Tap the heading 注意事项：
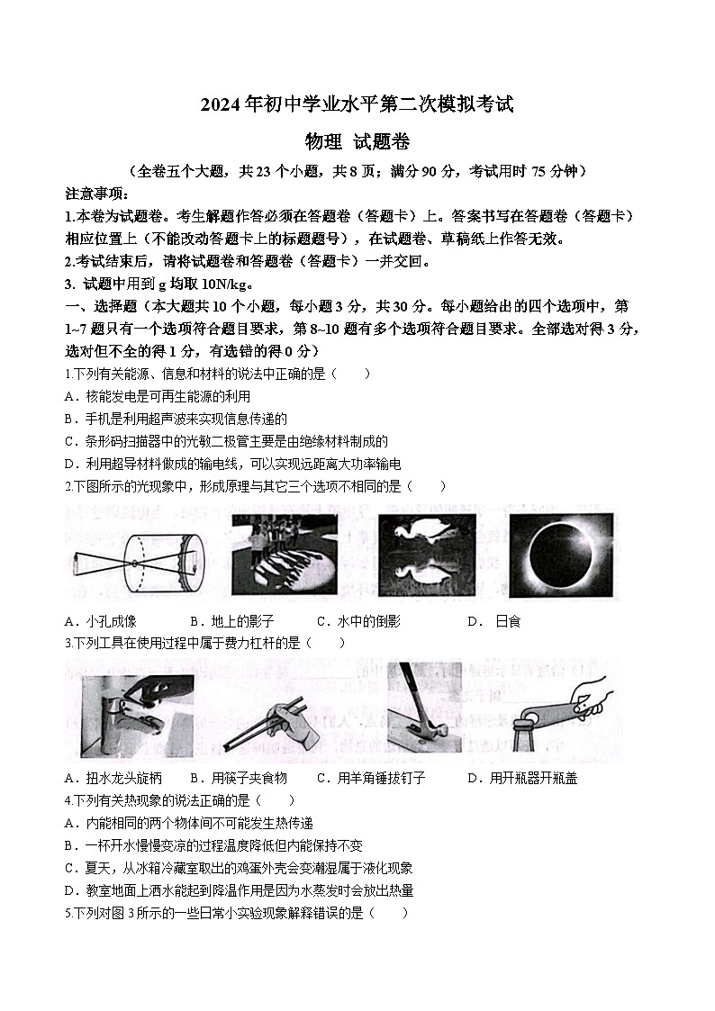click(97, 194)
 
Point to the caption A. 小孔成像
click(101, 621)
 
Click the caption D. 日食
click(493, 621)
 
